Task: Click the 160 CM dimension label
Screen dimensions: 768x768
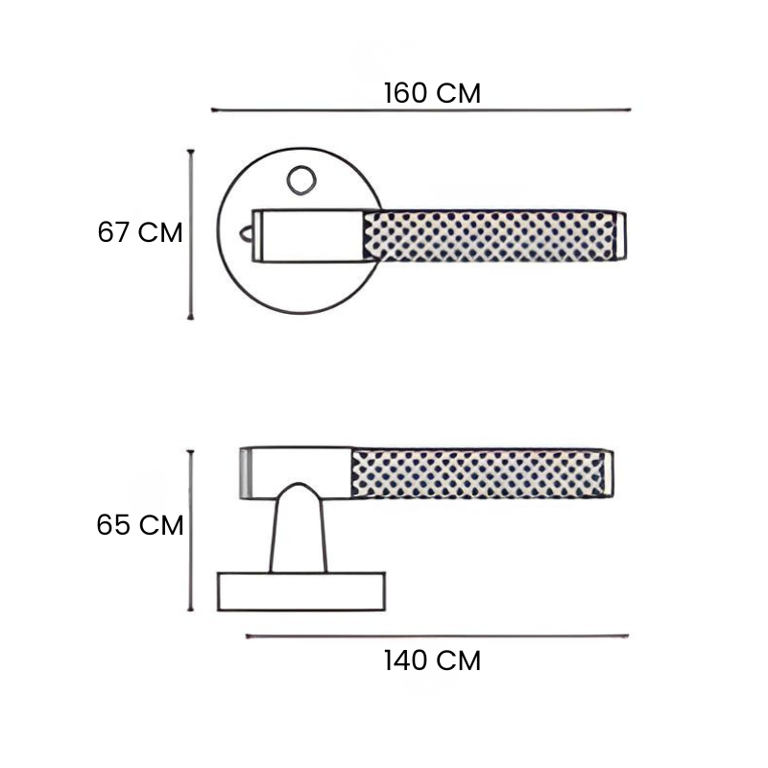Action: (x=432, y=93)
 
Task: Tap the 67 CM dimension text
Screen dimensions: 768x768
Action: (x=140, y=232)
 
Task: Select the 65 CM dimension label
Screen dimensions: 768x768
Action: (x=140, y=525)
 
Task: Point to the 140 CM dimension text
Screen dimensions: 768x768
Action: (x=432, y=660)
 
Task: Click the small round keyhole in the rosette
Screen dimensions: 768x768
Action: (x=301, y=180)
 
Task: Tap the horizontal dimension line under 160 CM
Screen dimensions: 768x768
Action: (x=420, y=110)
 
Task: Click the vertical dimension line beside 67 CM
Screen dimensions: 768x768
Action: (x=190, y=234)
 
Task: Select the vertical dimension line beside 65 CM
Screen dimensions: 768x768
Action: (x=190, y=531)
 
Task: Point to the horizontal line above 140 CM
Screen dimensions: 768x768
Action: (x=437, y=636)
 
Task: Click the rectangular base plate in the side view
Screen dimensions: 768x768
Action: (x=301, y=591)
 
